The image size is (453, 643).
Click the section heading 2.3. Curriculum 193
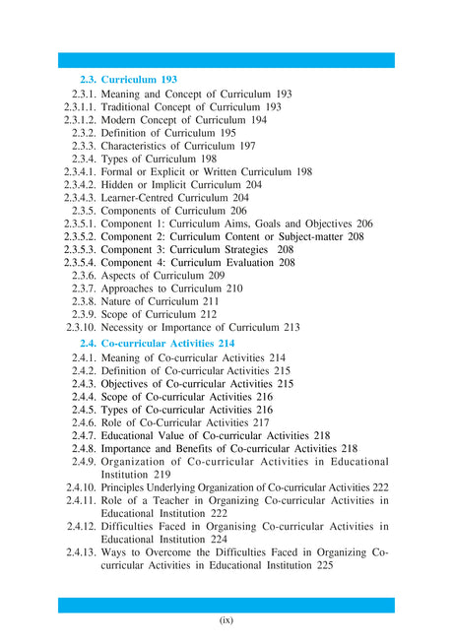click(x=128, y=78)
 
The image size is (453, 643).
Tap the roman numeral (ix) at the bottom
click(x=226, y=620)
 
